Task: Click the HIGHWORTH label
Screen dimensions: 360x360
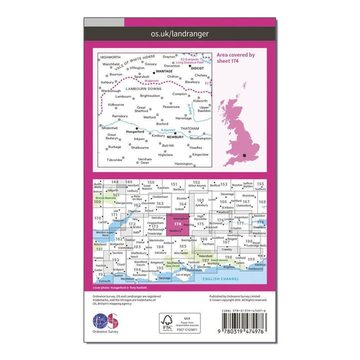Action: click(x=111, y=57)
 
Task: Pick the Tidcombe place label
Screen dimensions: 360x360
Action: click(x=115, y=160)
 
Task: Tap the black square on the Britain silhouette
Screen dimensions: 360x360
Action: click(x=244, y=155)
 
